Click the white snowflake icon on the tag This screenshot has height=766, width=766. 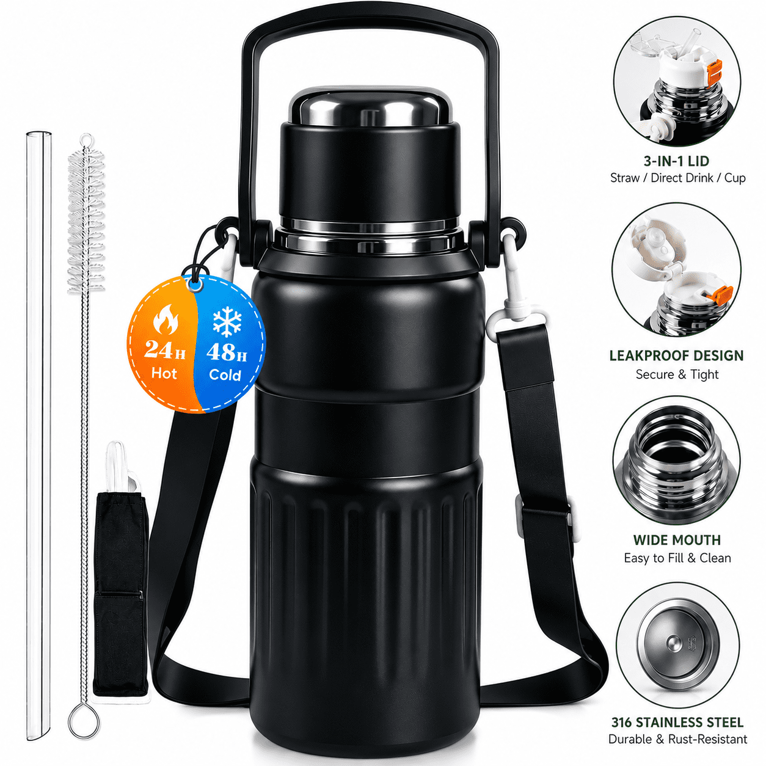pos(227,321)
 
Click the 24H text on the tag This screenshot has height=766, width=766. pos(164,350)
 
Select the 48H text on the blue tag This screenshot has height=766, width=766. pos(226,352)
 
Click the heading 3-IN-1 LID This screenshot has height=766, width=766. pos(676,161)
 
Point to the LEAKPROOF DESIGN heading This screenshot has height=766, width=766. pos(676,356)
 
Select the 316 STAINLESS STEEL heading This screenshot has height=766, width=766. pos(677,722)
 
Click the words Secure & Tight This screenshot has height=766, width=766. pos(677,374)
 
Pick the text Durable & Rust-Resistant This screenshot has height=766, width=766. pos(677,739)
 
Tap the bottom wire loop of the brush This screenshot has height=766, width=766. pos(84,720)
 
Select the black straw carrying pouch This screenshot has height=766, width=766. pos(120,593)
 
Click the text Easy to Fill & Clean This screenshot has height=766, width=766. pos(677,558)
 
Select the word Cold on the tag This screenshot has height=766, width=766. pos(225,375)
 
